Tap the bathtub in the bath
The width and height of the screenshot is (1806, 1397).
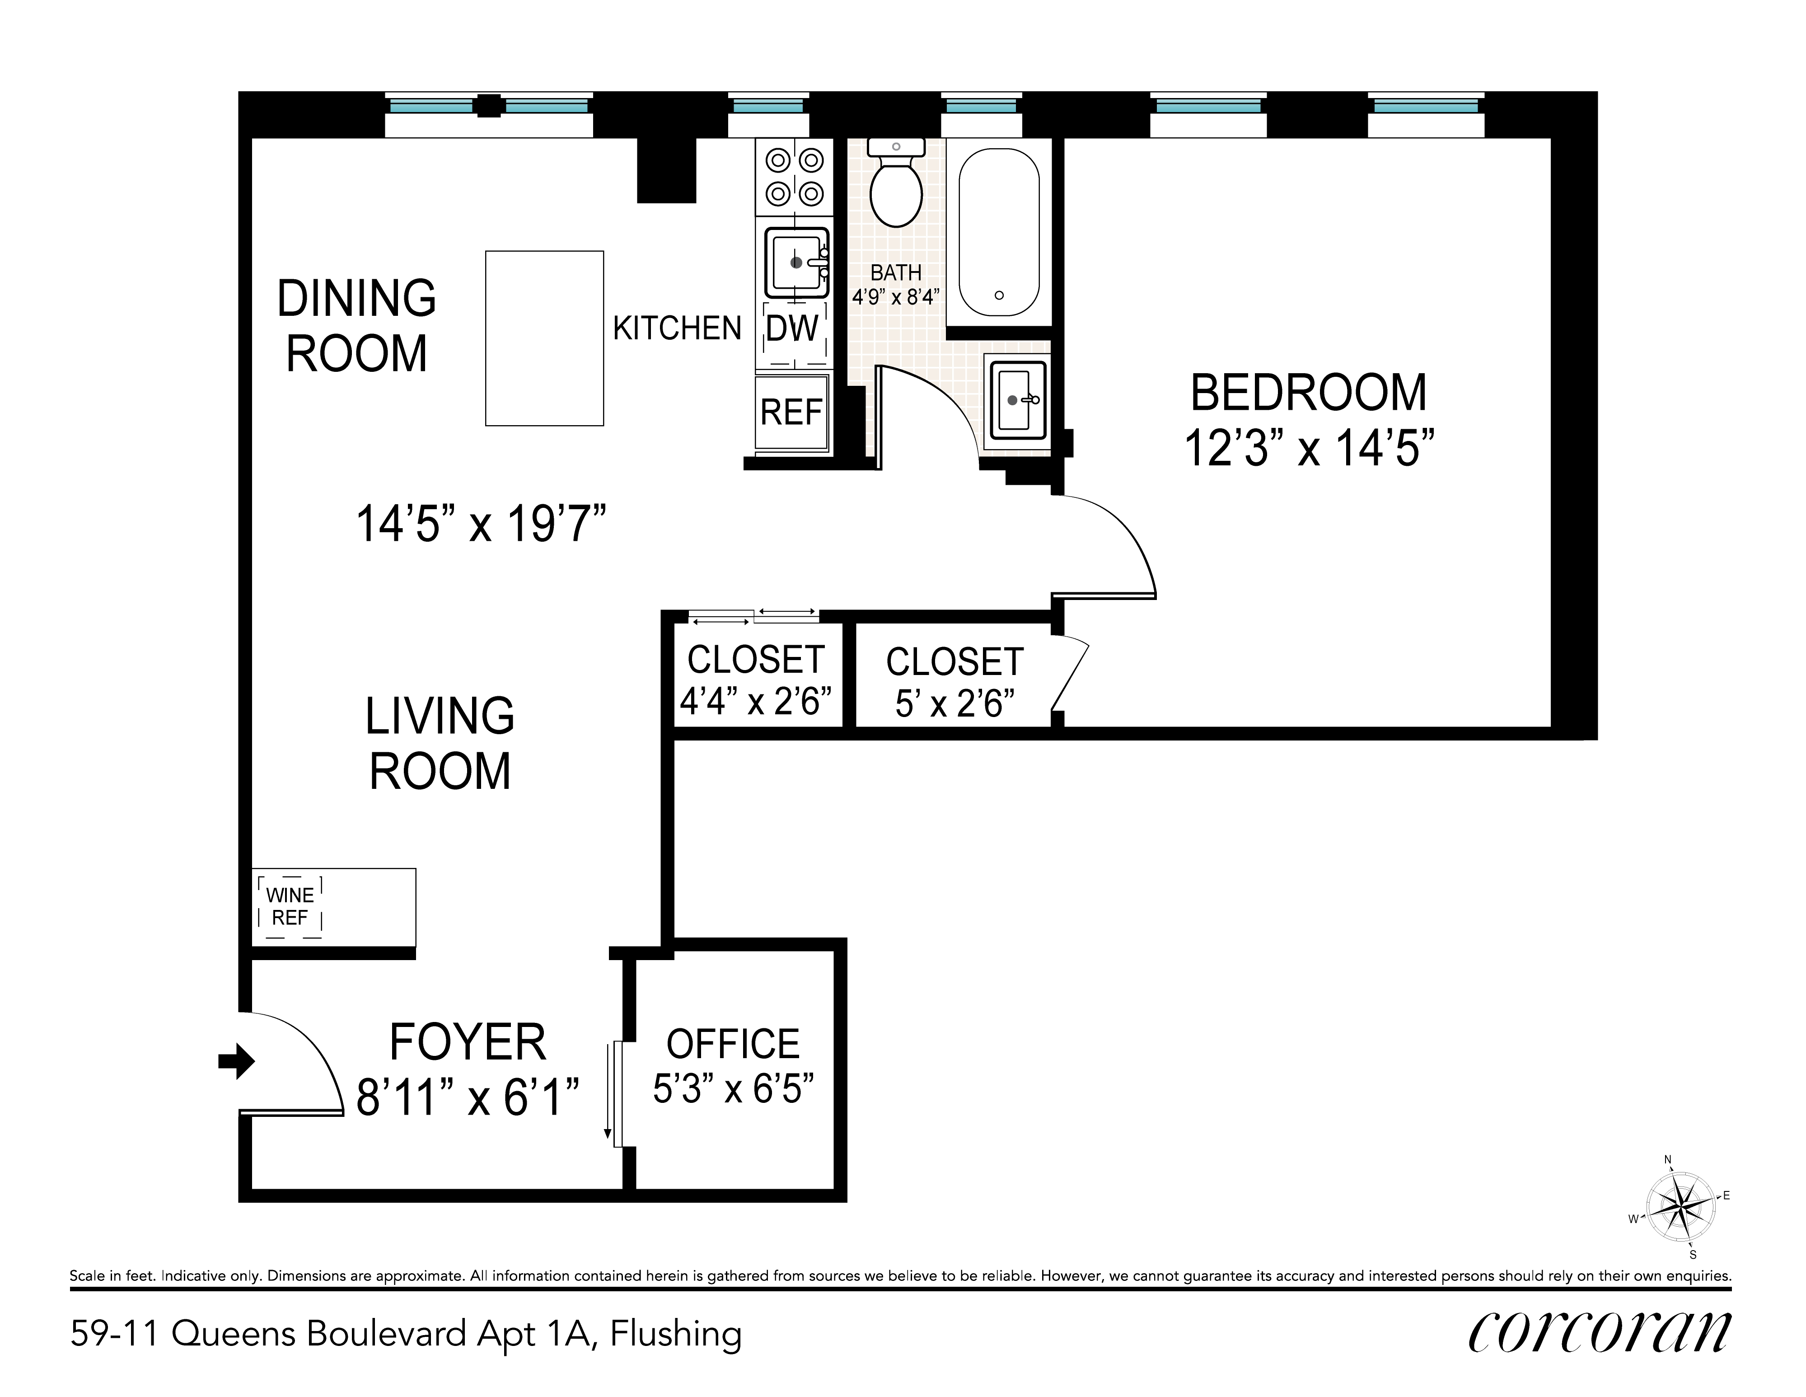(x=999, y=232)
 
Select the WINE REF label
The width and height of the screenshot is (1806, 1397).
(x=290, y=906)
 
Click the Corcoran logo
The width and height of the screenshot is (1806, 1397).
(x=1599, y=1331)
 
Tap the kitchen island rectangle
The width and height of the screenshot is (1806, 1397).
(x=544, y=338)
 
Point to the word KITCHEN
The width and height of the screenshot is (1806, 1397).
(x=677, y=328)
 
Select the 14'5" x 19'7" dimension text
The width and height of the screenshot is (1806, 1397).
(x=481, y=525)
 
